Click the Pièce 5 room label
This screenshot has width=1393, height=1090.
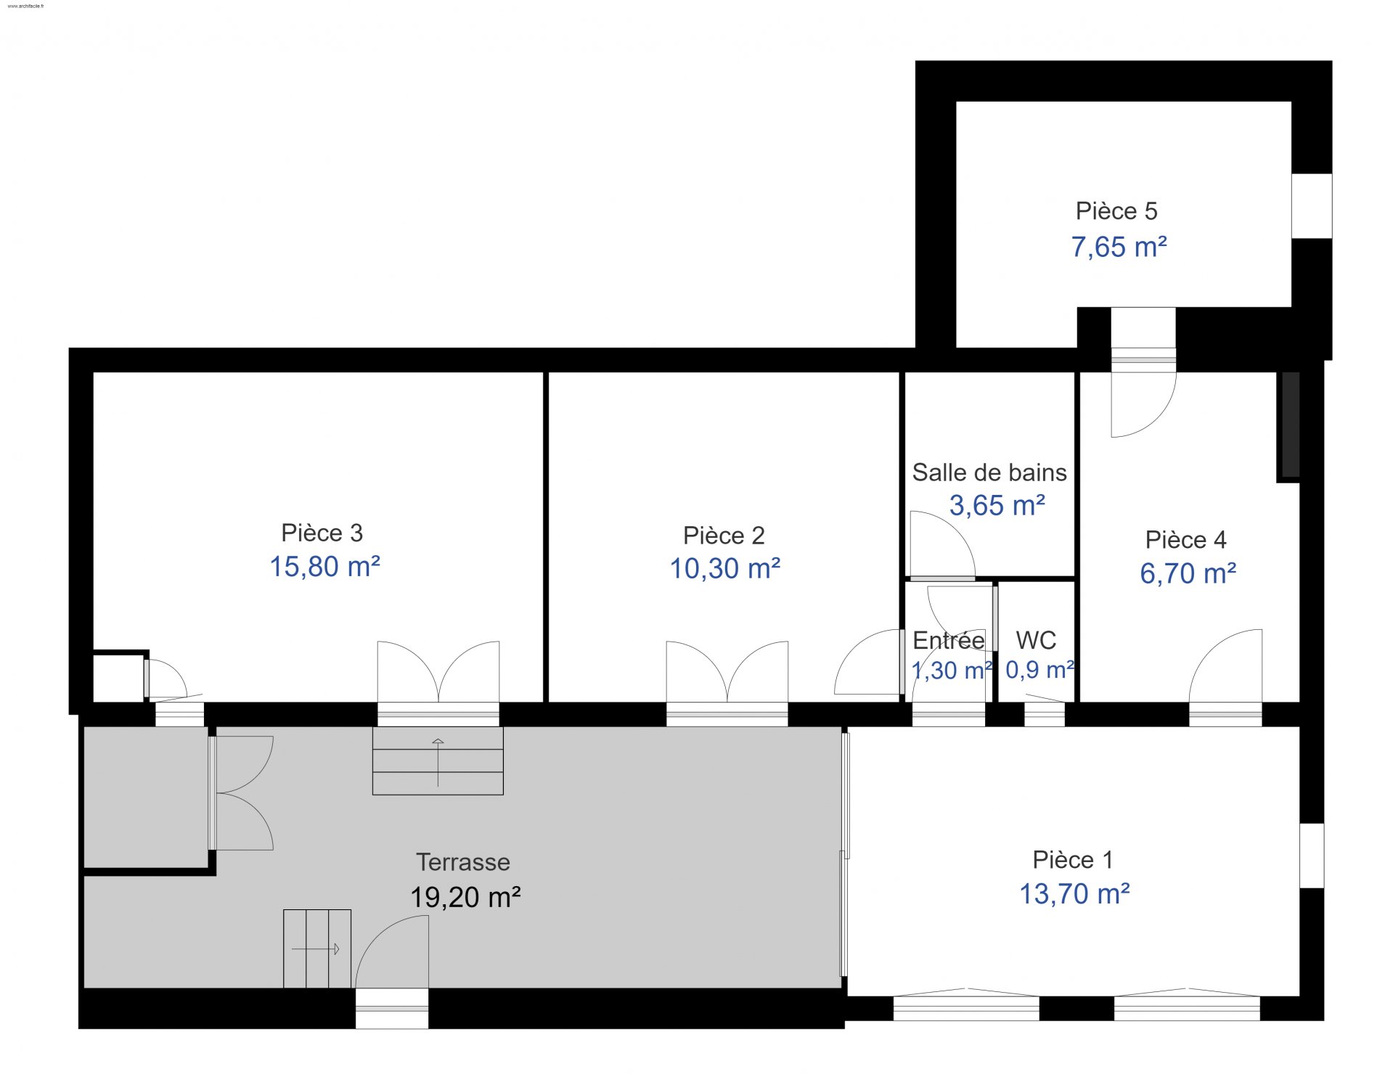1116,211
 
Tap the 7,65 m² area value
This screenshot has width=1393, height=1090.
1119,247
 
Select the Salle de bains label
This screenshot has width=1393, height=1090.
989,472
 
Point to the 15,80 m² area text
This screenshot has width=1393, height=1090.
325,566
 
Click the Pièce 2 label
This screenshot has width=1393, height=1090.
724,536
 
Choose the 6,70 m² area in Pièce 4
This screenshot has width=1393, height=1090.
1188,573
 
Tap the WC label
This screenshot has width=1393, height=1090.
1036,640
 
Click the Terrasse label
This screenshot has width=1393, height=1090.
463,862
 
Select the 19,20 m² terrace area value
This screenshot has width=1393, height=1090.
465,897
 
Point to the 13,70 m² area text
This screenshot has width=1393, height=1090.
1075,894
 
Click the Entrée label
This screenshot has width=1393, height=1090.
949,640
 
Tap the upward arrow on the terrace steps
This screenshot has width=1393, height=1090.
438,762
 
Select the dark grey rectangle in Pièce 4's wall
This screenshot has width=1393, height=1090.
1291,425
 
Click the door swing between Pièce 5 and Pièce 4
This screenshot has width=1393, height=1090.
1143,404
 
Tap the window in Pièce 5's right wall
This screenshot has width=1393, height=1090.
1312,206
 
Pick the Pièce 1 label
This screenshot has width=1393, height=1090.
1073,860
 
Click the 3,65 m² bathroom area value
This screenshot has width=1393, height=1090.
997,505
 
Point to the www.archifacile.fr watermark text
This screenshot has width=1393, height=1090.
25,6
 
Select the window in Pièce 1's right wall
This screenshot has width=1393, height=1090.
1312,856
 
